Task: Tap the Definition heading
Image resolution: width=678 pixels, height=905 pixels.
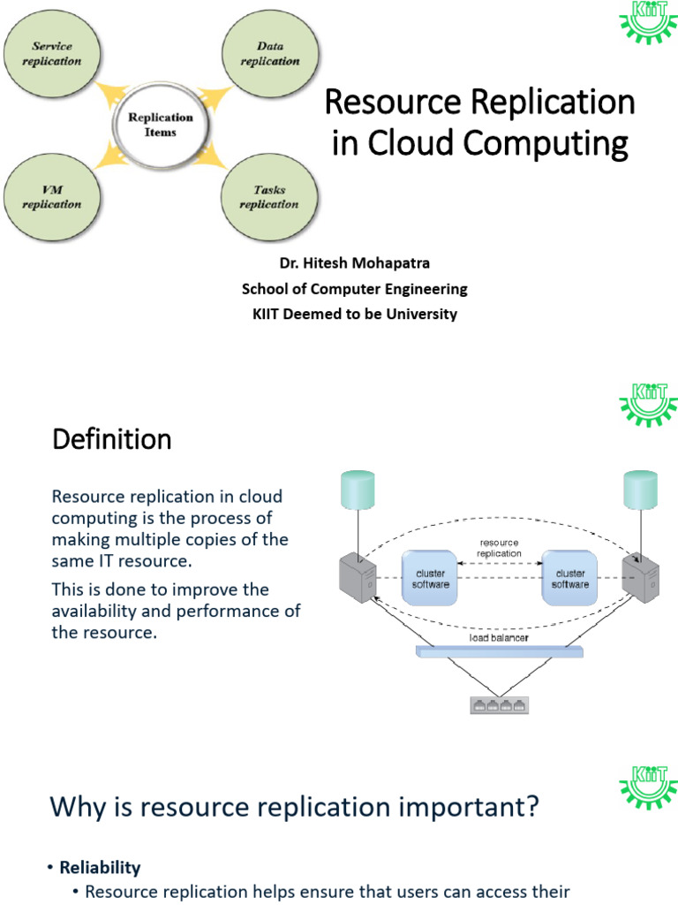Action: pos(112,439)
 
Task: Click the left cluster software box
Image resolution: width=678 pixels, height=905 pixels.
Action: pos(431,578)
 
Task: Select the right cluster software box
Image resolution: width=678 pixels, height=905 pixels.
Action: pos(570,578)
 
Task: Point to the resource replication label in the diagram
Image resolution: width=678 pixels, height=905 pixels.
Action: pos(500,548)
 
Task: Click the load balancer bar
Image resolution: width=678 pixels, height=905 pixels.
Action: pos(500,652)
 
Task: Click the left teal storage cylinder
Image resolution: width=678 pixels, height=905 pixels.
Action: pos(357,489)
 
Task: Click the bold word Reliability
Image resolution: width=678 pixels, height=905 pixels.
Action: pos(100,867)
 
